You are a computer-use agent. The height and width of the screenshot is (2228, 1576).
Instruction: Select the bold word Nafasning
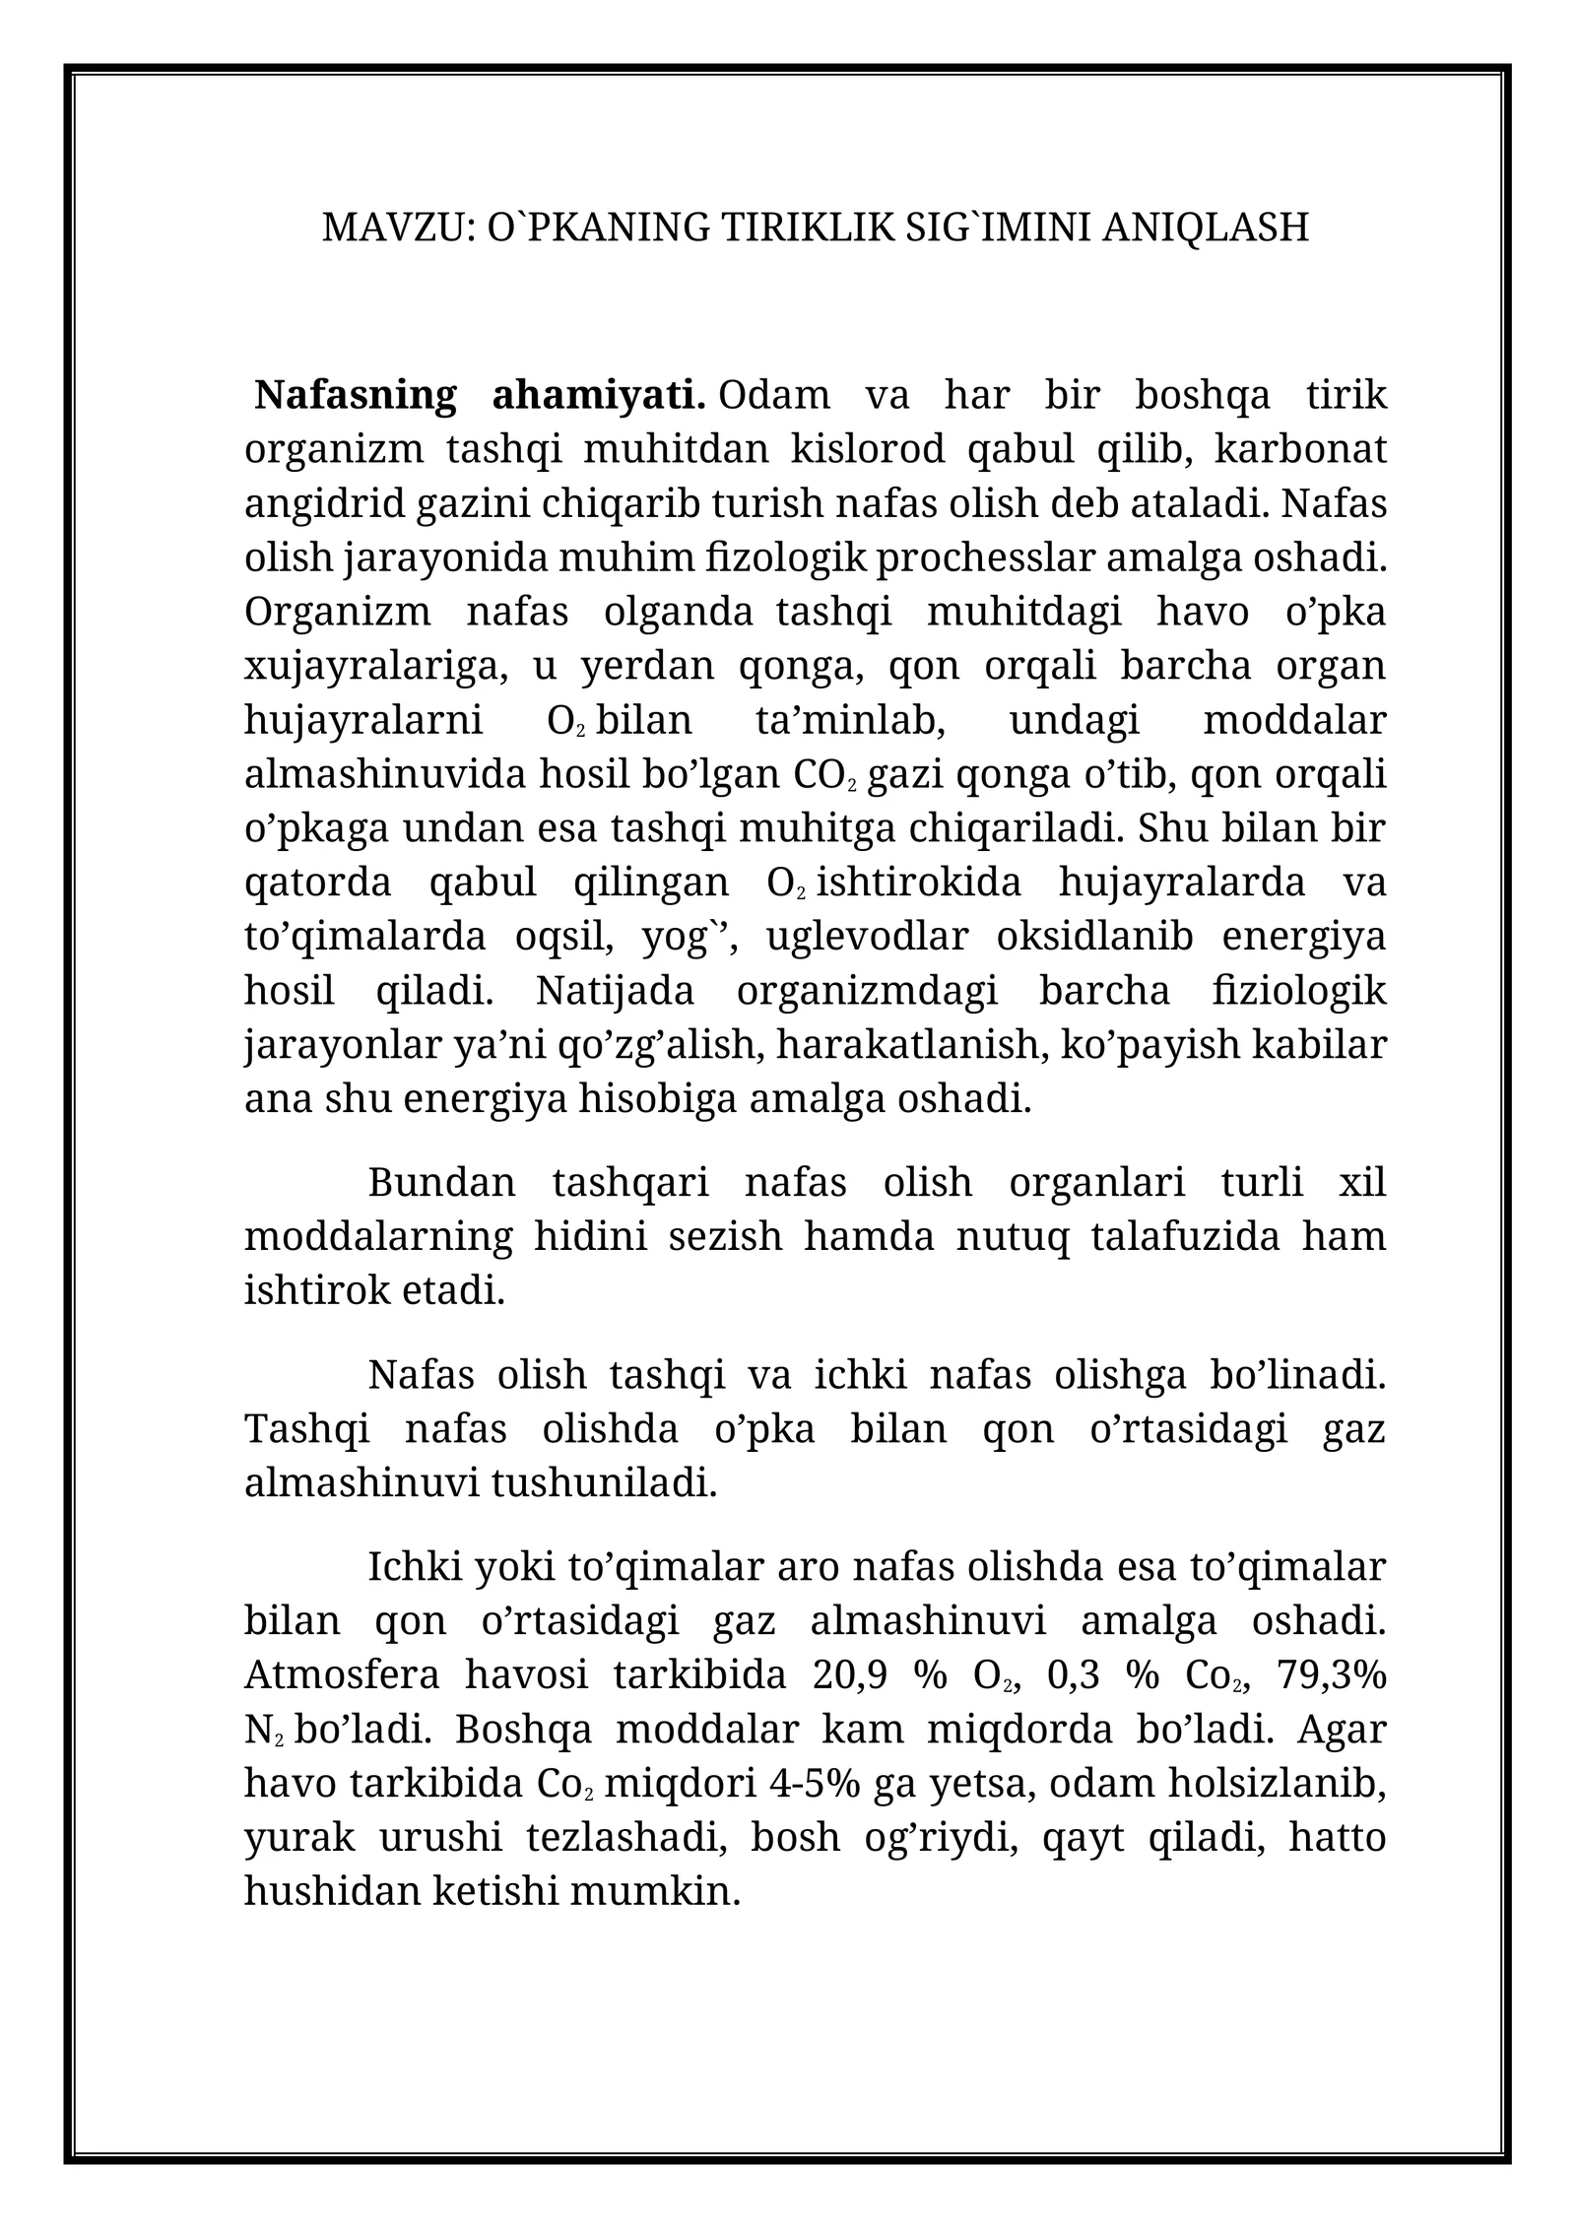(355, 395)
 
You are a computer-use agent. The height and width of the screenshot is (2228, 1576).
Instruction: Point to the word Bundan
(441, 1181)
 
